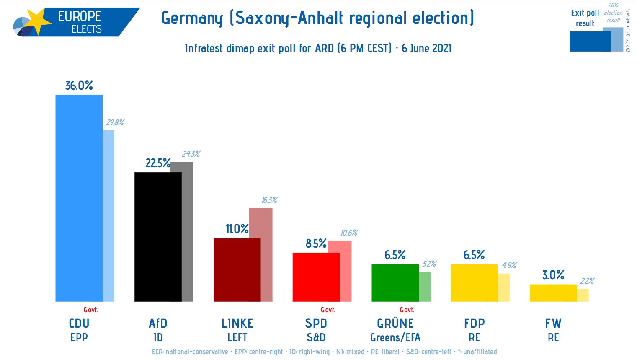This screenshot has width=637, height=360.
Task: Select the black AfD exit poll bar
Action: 158,237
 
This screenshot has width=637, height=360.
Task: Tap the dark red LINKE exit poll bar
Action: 237,270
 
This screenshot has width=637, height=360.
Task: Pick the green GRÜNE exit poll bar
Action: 395,282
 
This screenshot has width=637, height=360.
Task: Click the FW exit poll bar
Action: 553,293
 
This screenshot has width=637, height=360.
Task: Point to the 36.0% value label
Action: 79,85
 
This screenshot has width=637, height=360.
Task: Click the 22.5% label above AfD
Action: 157,163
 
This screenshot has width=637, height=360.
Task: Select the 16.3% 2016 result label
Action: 270,200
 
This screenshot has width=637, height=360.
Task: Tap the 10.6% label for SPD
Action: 349,233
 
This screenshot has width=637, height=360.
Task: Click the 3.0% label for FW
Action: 553,275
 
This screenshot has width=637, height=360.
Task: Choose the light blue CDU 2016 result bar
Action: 108,216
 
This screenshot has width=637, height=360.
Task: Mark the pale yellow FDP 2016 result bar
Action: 504,287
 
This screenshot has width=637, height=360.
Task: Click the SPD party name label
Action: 316,324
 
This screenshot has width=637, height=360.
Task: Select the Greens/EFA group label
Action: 395,337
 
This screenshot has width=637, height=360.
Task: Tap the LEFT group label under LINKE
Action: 237,337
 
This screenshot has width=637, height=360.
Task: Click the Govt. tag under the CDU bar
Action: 90,310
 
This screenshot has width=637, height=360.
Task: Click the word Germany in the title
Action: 192,18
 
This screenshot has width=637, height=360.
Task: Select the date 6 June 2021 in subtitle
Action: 426,48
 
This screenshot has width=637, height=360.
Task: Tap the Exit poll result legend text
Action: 585,18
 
